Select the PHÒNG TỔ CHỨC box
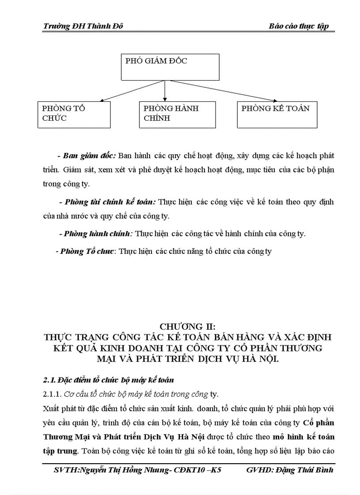click(x=74, y=115)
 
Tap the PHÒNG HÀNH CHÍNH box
click(x=178, y=115)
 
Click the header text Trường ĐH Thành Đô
click(x=83, y=26)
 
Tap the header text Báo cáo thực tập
click(x=299, y=26)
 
